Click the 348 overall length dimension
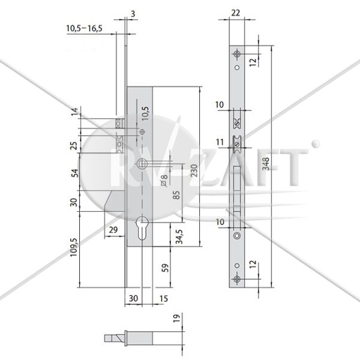[266, 163]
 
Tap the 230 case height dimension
[194, 170]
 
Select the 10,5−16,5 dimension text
[84, 28]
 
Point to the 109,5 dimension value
[74, 247]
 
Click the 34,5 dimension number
[179, 237]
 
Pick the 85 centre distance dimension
[176, 195]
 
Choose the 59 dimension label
[165, 268]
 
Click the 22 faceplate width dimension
[236, 13]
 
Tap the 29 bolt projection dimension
[113, 230]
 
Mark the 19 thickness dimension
[176, 319]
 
